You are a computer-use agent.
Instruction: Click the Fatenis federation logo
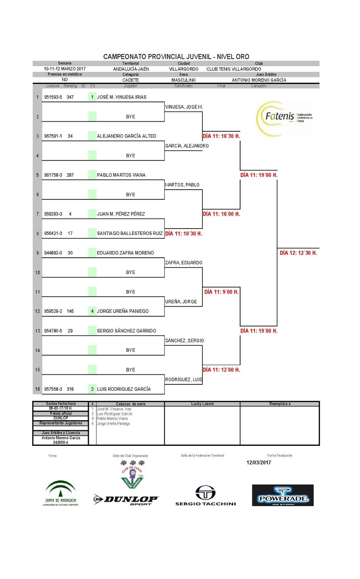pyautogui.click(x=284, y=117)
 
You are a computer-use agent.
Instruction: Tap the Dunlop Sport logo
pyautogui.click(x=126, y=500)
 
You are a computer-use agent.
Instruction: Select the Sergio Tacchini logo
pyautogui.click(x=205, y=496)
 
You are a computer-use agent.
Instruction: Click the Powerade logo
pyautogui.click(x=282, y=495)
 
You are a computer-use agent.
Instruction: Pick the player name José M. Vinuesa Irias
pyautogui.click(x=122, y=97)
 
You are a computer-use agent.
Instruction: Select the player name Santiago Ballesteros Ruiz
pyautogui.click(x=130, y=233)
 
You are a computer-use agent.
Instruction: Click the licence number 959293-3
pyautogui.click(x=53, y=214)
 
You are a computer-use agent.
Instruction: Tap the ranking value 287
pyautogui.click(x=70, y=175)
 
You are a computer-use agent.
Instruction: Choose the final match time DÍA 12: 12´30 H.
pyautogui.click(x=298, y=253)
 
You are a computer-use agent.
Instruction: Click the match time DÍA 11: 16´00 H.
pyautogui.click(x=221, y=214)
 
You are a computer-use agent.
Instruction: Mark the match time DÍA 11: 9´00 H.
pyautogui.click(x=221, y=292)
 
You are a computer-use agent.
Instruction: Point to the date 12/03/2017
pyautogui.click(x=259, y=462)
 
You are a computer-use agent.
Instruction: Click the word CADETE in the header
pyautogui.click(x=130, y=80)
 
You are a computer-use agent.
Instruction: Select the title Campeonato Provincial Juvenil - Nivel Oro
pyautogui.click(x=176, y=57)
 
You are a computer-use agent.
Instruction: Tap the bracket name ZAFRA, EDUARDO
pyautogui.click(x=184, y=263)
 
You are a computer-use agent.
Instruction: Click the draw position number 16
pyautogui.click(x=37, y=389)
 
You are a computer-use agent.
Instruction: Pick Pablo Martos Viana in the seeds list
pyautogui.click(x=112, y=419)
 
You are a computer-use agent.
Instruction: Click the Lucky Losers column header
pyautogui.click(x=202, y=404)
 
